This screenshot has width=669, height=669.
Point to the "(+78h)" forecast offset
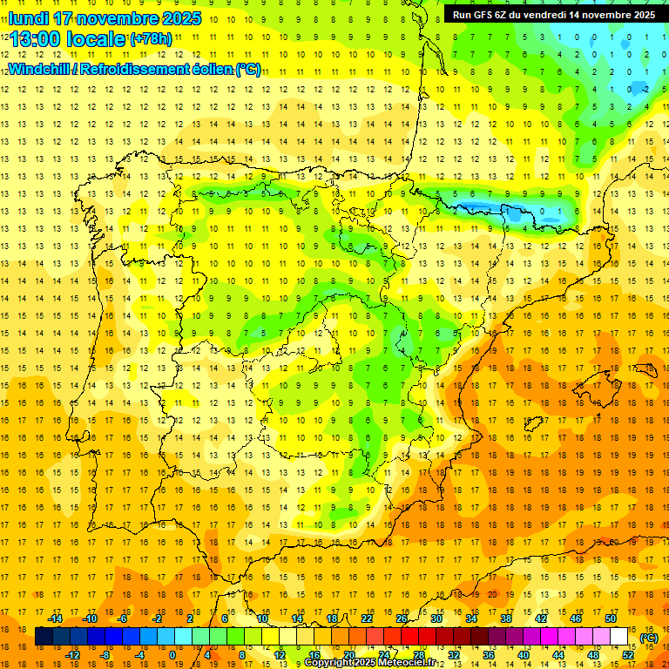[x=152, y=39]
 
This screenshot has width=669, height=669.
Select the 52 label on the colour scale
[x=628, y=655]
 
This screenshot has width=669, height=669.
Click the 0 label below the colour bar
[x=172, y=655]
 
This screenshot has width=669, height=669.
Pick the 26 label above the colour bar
[x=402, y=618]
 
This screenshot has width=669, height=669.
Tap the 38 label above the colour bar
[x=505, y=618]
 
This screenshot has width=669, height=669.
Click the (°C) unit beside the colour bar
[x=648, y=638]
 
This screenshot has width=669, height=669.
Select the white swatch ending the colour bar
[x=618, y=637]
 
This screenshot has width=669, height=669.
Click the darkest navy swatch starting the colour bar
[x=44, y=637]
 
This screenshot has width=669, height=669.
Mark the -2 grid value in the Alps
[x=643, y=89]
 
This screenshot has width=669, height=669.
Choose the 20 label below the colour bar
[x=349, y=655]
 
